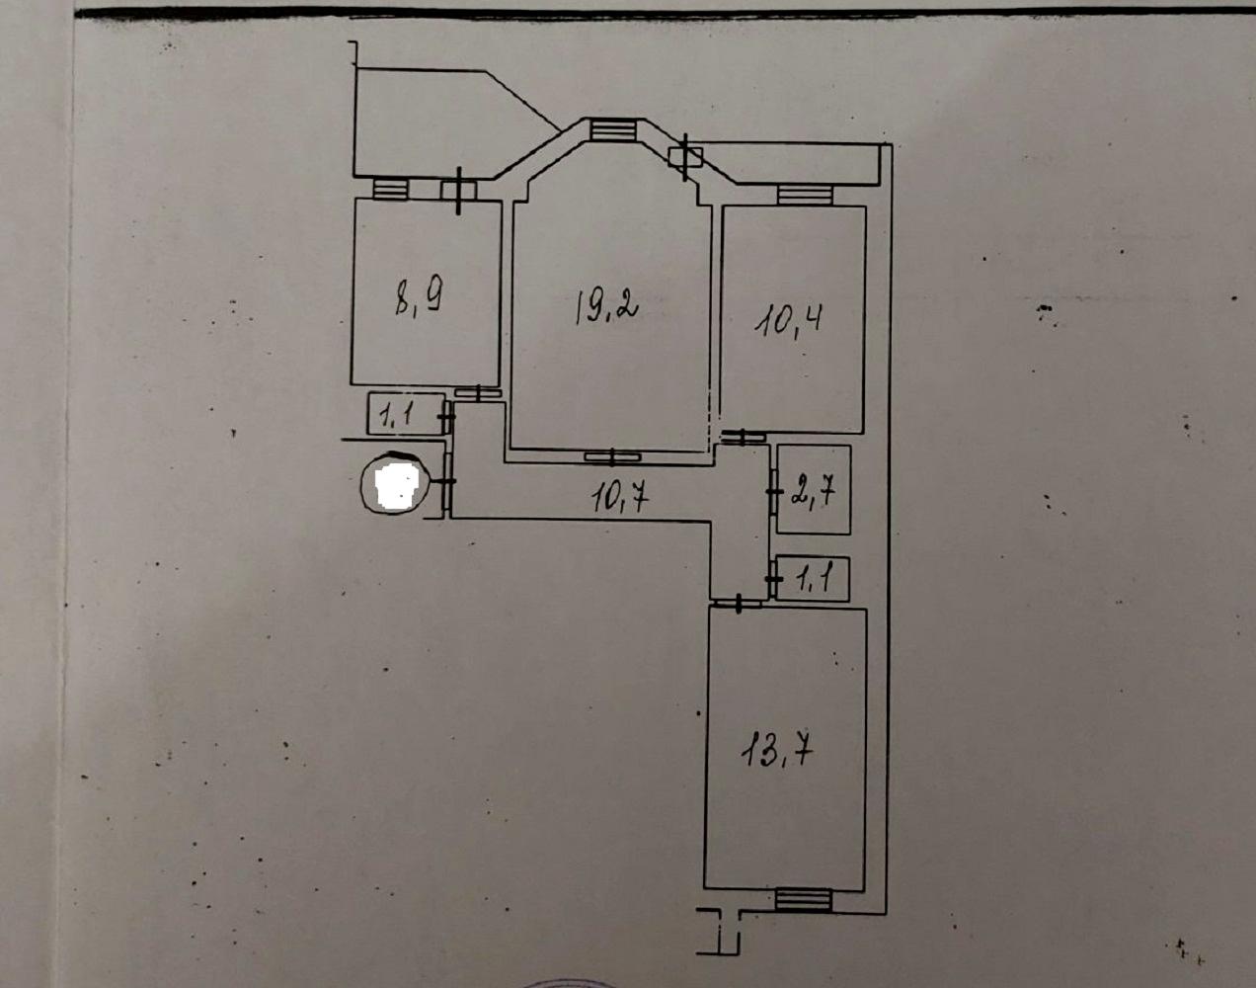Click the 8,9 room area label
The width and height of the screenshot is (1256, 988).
[x=419, y=296]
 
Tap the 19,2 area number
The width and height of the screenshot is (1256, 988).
[x=606, y=307]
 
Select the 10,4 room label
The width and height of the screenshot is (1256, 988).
[x=789, y=321]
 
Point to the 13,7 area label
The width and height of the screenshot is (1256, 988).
[x=777, y=752]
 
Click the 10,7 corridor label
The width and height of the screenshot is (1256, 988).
[x=620, y=498]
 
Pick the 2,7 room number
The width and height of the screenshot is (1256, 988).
[x=814, y=492]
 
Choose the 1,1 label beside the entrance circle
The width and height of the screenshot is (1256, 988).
[x=397, y=416]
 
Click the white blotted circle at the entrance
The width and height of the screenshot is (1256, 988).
[x=396, y=483]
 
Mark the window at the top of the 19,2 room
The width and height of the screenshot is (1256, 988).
[x=612, y=129]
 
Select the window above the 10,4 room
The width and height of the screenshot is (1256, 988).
[x=805, y=195]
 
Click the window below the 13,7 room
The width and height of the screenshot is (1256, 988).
[x=803, y=900]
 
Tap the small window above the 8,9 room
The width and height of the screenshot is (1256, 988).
[x=390, y=189]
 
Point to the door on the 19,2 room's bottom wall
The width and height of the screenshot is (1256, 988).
[x=613, y=456]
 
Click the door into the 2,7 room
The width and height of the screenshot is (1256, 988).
[x=774, y=491]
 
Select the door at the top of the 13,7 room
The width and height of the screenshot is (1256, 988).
[x=739, y=604]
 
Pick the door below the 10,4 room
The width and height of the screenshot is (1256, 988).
[x=743, y=436]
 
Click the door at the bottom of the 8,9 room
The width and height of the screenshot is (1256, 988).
[x=479, y=392]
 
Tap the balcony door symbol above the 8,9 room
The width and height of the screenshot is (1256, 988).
[x=459, y=191]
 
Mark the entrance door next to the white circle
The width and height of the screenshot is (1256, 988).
[x=448, y=481]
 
